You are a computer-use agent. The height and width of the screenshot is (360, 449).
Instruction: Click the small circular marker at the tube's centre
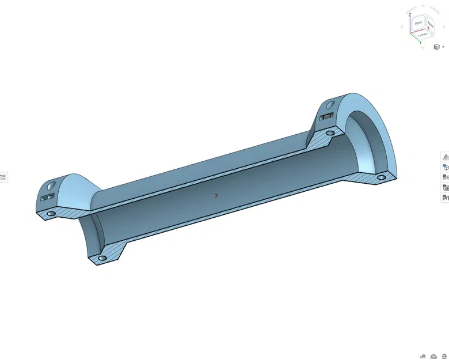(216, 195)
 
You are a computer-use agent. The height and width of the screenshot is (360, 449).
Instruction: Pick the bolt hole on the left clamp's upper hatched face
(51, 213)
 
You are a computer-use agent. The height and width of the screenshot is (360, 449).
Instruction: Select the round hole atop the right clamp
(330, 105)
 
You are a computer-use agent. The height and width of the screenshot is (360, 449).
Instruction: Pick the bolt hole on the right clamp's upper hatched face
(330, 132)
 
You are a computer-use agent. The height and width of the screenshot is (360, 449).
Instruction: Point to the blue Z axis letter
(409, 16)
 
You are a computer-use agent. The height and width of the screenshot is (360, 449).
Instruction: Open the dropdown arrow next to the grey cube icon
(443, 47)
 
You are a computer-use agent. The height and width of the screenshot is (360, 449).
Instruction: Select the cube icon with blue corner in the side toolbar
(445, 166)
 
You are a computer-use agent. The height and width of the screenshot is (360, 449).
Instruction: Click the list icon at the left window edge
(3, 177)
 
